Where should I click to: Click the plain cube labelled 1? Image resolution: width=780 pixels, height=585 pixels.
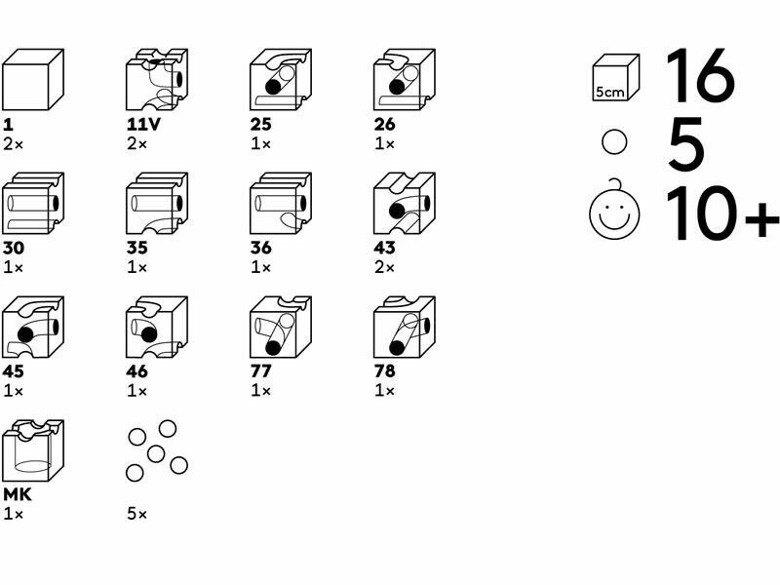coord(33,80)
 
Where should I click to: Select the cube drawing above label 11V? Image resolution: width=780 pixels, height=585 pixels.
coord(156,80)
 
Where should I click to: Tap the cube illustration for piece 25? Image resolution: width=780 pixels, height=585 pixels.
coord(280,80)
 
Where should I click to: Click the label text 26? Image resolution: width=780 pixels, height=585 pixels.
coord(384,125)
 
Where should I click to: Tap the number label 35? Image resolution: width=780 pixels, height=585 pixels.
coord(136,248)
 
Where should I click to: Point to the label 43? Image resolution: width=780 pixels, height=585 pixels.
coord(384,248)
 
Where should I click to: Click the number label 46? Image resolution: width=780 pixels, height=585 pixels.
coord(136,371)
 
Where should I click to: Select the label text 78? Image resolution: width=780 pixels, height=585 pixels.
coord(384,371)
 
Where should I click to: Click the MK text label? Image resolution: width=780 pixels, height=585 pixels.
coord(18,494)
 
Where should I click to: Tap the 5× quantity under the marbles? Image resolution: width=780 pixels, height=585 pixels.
coord(136,513)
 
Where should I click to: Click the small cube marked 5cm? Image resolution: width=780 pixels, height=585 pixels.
coord(615,78)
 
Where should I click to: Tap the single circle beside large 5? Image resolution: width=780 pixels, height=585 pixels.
coord(614,143)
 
